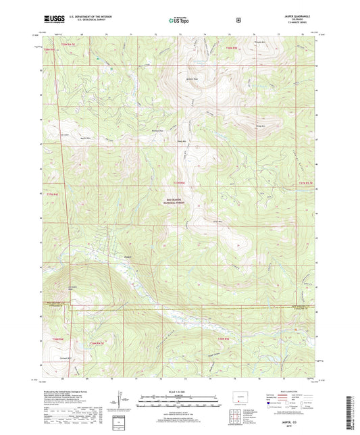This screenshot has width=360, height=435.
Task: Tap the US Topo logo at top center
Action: click(x=179, y=20)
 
